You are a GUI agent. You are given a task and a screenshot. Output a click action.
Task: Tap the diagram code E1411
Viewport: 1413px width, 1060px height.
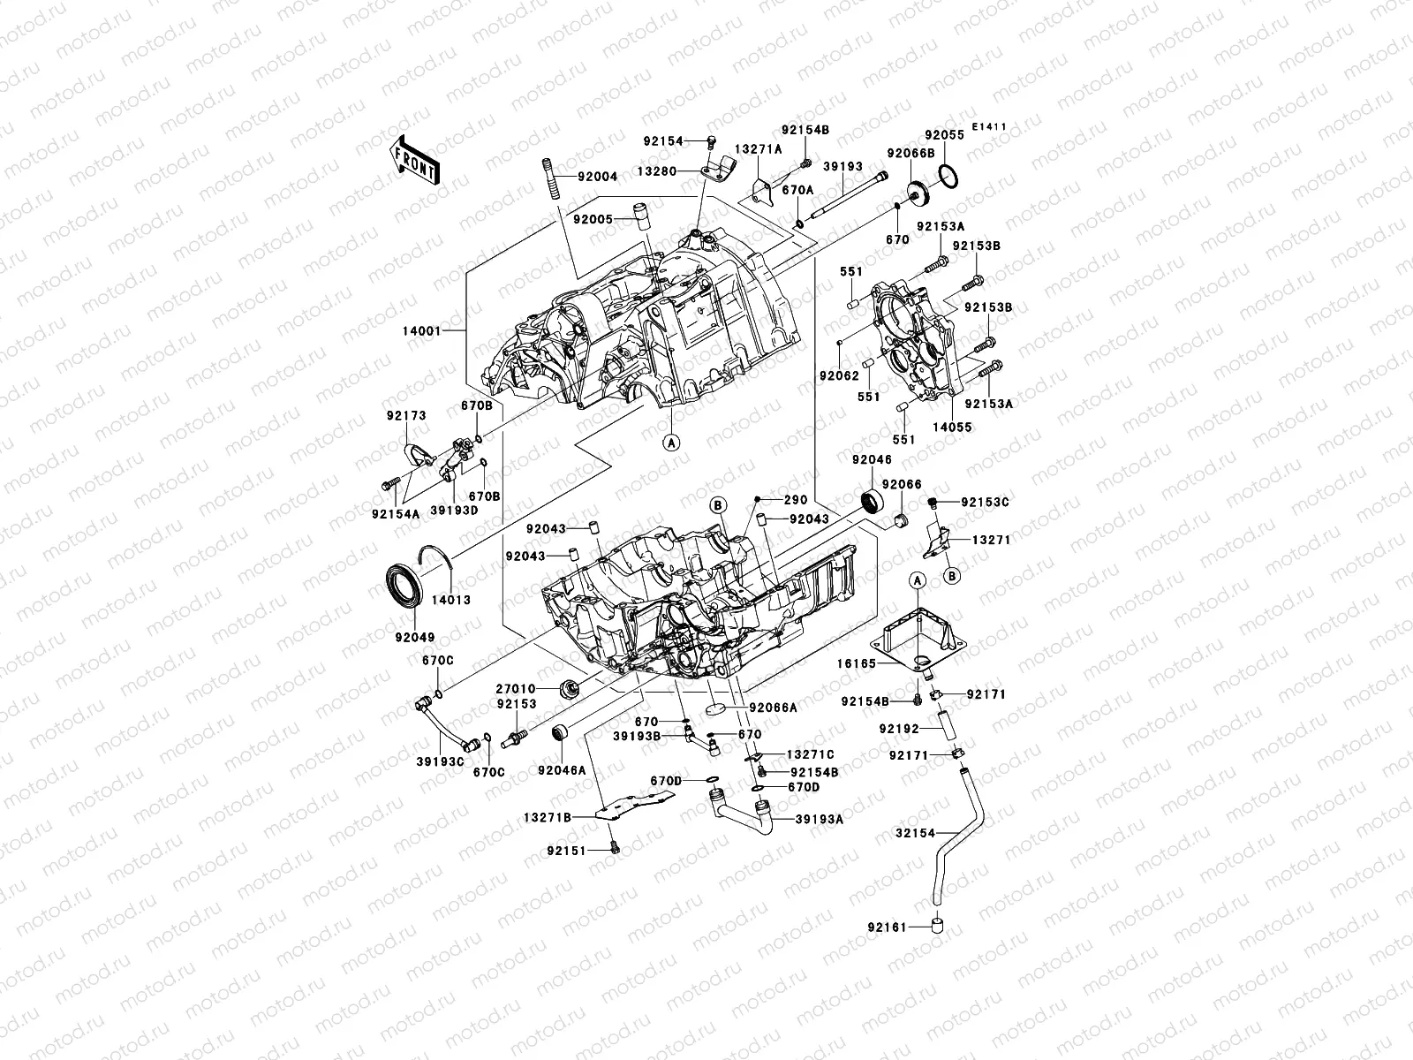coord(990,127)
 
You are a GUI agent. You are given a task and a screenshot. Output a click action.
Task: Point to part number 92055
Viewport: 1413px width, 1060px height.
coord(945,136)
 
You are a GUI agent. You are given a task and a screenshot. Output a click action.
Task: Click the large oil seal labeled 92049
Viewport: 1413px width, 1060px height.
coord(406,589)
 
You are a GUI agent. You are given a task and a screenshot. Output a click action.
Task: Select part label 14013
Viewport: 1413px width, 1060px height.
coord(450,600)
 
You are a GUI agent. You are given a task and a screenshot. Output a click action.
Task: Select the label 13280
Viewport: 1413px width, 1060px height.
coord(681,171)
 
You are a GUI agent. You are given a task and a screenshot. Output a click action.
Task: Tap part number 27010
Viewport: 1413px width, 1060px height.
coord(514,688)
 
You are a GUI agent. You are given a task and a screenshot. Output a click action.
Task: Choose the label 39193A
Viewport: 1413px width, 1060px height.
coord(820,819)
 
